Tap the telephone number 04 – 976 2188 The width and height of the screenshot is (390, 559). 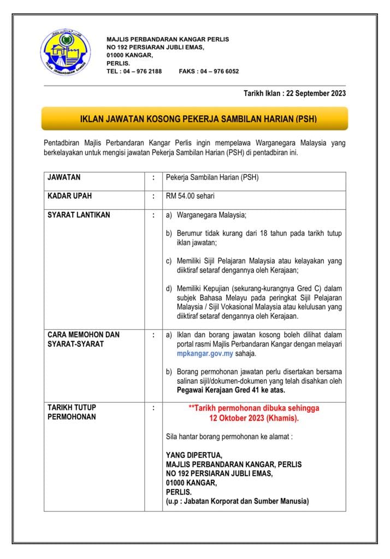click(x=141, y=72)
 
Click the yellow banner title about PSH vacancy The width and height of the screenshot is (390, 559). click(x=194, y=118)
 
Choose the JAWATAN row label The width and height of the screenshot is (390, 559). click(x=64, y=177)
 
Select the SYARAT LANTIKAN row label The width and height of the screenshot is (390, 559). click(x=79, y=215)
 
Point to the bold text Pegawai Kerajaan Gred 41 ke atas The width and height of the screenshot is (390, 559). click(x=231, y=390)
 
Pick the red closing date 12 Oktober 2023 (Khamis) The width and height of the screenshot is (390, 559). click(x=254, y=418)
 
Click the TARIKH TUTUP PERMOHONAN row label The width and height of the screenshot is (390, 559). click(x=72, y=412)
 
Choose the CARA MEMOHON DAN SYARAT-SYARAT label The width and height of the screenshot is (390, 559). click(x=83, y=338)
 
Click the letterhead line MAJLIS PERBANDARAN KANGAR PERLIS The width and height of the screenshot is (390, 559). click(x=168, y=39)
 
